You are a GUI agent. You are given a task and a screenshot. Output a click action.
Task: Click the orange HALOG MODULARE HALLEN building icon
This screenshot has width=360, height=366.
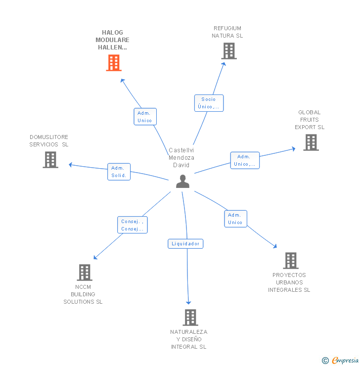click(114, 63)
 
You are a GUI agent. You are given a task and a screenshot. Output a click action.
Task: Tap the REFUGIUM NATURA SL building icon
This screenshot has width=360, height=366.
click(228, 51)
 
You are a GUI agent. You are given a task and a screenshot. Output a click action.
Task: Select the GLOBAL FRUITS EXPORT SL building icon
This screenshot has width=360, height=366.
click(311, 142)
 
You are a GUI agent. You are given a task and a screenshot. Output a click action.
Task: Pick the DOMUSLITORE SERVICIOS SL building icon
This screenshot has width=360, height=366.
click(50, 160)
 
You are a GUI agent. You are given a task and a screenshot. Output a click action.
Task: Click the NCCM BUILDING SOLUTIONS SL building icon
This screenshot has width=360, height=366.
click(85, 273)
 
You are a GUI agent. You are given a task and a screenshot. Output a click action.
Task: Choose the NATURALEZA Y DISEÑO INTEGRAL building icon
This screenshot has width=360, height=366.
click(190, 317)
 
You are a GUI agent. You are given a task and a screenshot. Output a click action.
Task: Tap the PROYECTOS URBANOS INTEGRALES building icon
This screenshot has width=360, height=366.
click(290, 261)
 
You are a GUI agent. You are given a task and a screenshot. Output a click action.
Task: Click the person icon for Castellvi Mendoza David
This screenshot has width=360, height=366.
click(182, 182)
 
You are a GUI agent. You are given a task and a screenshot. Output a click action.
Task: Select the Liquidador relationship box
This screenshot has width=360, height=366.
click(185, 243)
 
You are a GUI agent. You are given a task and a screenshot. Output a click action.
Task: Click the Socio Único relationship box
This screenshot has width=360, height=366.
click(209, 103)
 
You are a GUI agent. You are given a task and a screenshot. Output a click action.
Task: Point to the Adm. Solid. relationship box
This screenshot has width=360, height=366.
click(119, 172)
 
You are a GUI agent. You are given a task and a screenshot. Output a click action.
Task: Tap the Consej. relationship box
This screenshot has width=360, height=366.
click(133, 225)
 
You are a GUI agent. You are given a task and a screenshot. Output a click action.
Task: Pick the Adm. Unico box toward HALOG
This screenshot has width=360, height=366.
click(145, 117)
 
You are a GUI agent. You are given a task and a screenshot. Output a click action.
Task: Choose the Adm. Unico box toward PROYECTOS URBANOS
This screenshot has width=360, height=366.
click(235, 219)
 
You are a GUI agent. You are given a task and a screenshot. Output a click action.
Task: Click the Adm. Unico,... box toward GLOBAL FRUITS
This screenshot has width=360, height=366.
click(244, 160)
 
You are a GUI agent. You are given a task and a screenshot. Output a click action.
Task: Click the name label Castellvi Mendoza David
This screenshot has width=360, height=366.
click(181, 158)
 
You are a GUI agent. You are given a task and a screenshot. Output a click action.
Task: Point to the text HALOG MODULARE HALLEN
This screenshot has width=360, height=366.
click(113, 40)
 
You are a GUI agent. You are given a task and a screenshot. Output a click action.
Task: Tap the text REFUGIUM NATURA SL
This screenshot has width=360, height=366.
click(227, 32)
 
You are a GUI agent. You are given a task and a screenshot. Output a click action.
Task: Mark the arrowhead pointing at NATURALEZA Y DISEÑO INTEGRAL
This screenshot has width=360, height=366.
click(188, 302)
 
